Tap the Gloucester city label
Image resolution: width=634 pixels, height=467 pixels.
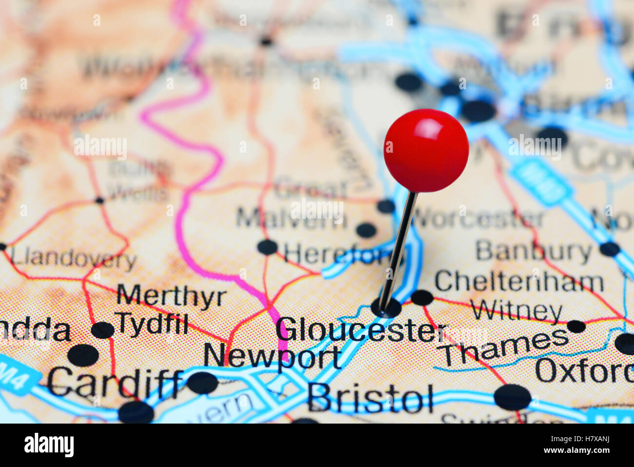click(360, 331)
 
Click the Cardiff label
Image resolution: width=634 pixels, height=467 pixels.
click(115, 382)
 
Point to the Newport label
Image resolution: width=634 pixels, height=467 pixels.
click(272, 357)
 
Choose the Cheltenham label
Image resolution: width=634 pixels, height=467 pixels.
click(519, 282)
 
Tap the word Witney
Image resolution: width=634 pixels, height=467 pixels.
click(516, 311)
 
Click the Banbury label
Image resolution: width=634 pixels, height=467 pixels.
click(534, 251)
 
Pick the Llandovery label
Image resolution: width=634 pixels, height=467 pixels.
click(74, 259)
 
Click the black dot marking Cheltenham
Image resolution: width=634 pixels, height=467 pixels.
click(422, 297)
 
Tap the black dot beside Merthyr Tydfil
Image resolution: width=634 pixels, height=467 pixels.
click(102, 330)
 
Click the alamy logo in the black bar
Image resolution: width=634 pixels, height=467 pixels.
click(49, 445)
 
